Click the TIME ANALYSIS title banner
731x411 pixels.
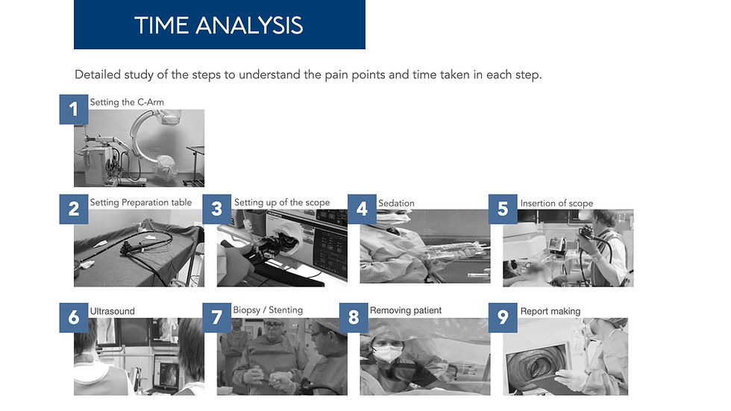click(x=219, y=25)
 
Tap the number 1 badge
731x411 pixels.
click(x=74, y=109)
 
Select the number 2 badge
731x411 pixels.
click(x=74, y=209)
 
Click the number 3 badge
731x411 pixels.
click(x=217, y=209)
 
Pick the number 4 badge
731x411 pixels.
click(x=362, y=209)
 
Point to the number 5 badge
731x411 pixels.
click(x=503, y=209)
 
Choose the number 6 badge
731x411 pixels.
click(x=74, y=317)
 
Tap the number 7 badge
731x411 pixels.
click(x=217, y=317)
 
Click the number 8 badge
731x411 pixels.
click(x=354, y=317)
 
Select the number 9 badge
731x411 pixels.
click(x=503, y=317)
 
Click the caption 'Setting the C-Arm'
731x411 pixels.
click(x=127, y=102)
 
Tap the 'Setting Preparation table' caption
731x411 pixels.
click(x=141, y=202)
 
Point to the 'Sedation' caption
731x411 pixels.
click(x=396, y=203)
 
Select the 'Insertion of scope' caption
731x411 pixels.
click(x=556, y=203)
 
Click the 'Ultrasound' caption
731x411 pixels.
click(x=113, y=311)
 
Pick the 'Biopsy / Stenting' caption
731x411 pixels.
click(x=268, y=310)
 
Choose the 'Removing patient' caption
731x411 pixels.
click(x=406, y=310)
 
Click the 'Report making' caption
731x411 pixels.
click(x=550, y=311)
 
